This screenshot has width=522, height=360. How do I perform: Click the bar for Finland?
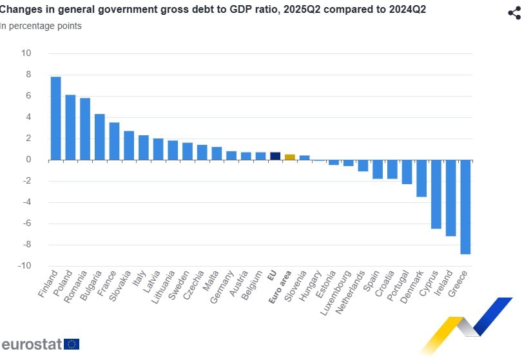pyautogui.click(x=56, y=118)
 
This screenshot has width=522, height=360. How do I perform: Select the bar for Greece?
pyautogui.click(x=465, y=207)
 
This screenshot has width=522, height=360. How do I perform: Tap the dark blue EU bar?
pyautogui.click(x=275, y=156)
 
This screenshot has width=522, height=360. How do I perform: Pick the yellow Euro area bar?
pyautogui.click(x=290, y=157)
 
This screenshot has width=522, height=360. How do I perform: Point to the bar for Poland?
pyautogui.click(x=71, y=128)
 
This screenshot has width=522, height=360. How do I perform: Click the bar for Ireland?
pyautogui.click(x=450, y=198)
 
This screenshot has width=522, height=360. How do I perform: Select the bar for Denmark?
pyautogui.click(x=421, y=178)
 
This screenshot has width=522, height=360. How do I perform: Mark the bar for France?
pyautogui.click(x=114, y=141)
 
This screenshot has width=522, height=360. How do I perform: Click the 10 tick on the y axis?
pyautogui.click(x=26, y=53)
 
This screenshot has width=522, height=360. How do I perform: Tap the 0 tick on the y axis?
pyautogui.click(x=29, y=160)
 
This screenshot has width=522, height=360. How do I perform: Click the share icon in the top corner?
pyautogui.click(x=514, y=13)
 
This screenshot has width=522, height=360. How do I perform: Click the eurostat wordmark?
pyautogui.click(x=31, y=344)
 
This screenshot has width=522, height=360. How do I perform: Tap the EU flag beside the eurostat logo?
pyautogui.click(x=72, y=344)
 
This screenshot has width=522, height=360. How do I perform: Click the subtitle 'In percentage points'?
pyautogui.click(x=41, y=26)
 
